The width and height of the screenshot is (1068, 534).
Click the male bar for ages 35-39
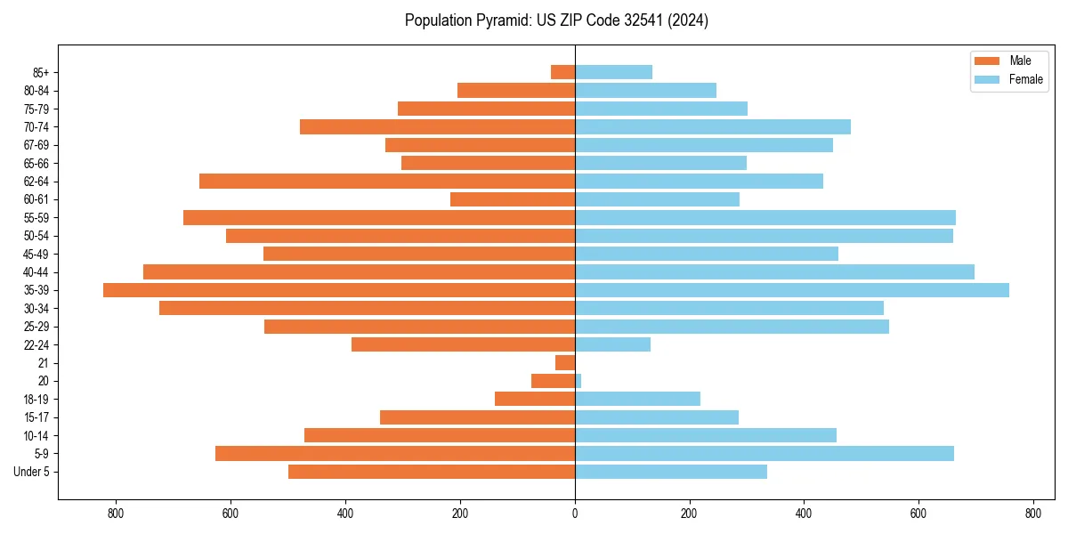pyautogui.click(x=339, y=290)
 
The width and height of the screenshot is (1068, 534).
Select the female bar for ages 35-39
pyautogui.click(x=792, y=290)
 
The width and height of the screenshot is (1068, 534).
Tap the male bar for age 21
pyautogui.click(x=565, y=363)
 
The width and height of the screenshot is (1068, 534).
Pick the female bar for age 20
pyautogui.click(x=578, y=381)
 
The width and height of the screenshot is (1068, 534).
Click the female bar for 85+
pyautogui.click(x=614, y=72)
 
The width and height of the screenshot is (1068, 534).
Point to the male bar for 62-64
pyautogui.click(x=387, y=181)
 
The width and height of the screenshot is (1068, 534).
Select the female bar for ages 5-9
pyautogui.click(x=765, y=454)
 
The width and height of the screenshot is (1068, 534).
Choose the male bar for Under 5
pyautogui.click(x=432, y=472)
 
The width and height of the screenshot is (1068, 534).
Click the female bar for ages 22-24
pyautogui.click(x=613, y=344)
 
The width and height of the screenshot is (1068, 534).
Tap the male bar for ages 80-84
pyautogui.click(x=516, y=90)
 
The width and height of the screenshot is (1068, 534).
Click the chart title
pyautogui.click(x=556, y=20)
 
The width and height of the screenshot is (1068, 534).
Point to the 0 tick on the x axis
pyautogui.click(x=575, y=514)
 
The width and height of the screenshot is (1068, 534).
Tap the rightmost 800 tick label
pyautogui.click(x=1033, y=514)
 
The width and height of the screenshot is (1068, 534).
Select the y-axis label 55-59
pyautogui.click(x=36, y=218)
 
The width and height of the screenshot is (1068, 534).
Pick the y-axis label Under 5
pyautogui.click(x=32, y=472)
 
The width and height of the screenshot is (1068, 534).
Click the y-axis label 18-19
pyautogui.click(x=36, y=400)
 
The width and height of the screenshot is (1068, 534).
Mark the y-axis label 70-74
pyautogui.click(x=36, y=127)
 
